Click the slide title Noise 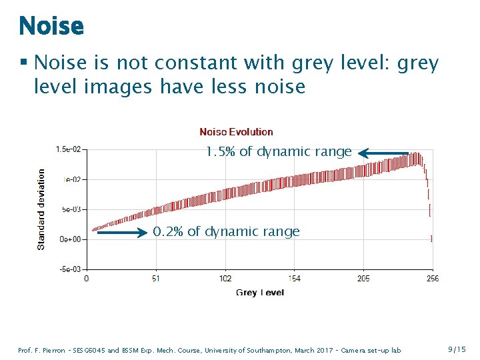[51, 26]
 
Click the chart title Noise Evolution [236, 132]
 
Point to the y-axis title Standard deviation [41, 209]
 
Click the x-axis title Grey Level [259, 293]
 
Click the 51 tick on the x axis [155, 278]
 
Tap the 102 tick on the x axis [225, 278]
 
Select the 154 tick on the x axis [294, 278]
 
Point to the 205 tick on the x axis [363, 278]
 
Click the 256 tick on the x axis [432, 278]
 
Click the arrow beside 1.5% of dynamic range [383, 153]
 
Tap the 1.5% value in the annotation [220, 152]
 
